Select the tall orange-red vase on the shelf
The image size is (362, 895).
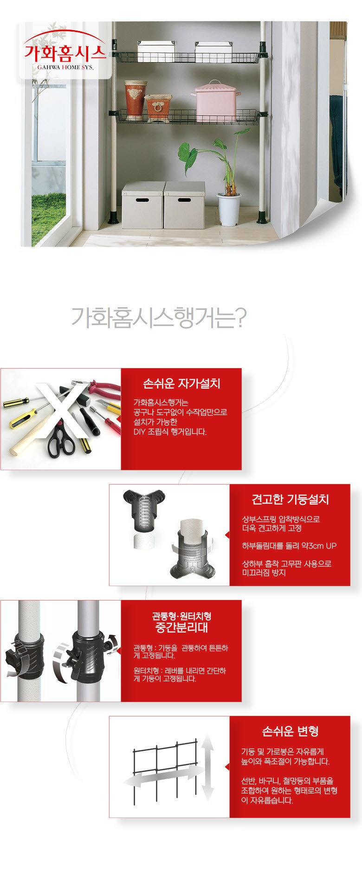pyautogui.click(x=136, y=99)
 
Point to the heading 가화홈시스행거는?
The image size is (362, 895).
pyautogui.click(x=159, y=317)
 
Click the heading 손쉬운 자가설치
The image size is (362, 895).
pyautogui.click(x=181, y=384)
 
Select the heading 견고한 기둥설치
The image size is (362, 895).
pyautogui.click(x=290, y=499)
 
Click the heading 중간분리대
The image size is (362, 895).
pyautogui.click(x=181, y=628)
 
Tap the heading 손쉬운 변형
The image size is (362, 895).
pyautogui.click(x=290, y=731)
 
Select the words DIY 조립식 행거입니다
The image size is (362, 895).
pyautogui.click(x=170, y=432)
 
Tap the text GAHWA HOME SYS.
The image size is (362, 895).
pyautogui.click(x=65, y=67)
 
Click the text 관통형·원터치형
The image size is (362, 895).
pyautogui.click(x=181, y=616)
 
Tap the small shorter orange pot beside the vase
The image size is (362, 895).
pyautogui.click(x=159, y=107)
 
